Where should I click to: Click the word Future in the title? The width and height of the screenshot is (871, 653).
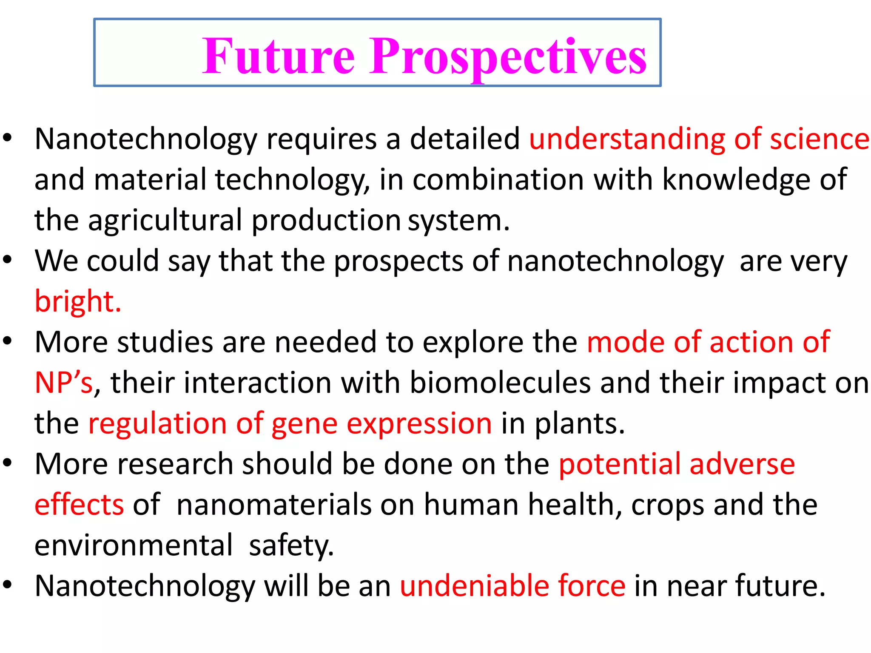click(278, 56)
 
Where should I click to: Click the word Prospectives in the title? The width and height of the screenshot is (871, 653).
click(508, 57)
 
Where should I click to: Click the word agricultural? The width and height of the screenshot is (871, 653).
click(165, 221)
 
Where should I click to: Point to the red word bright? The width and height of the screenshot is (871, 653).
click(77, 301)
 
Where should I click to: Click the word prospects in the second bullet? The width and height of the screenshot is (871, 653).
click(398, 261)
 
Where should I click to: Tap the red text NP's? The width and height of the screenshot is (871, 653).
click(63, 382)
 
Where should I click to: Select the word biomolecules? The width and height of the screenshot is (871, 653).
click(500, 382)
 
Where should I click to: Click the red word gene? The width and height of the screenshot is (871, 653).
click(304, 424)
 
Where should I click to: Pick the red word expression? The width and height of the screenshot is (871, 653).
click(419, 424)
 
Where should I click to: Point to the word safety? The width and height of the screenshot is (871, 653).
click(291, 545)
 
